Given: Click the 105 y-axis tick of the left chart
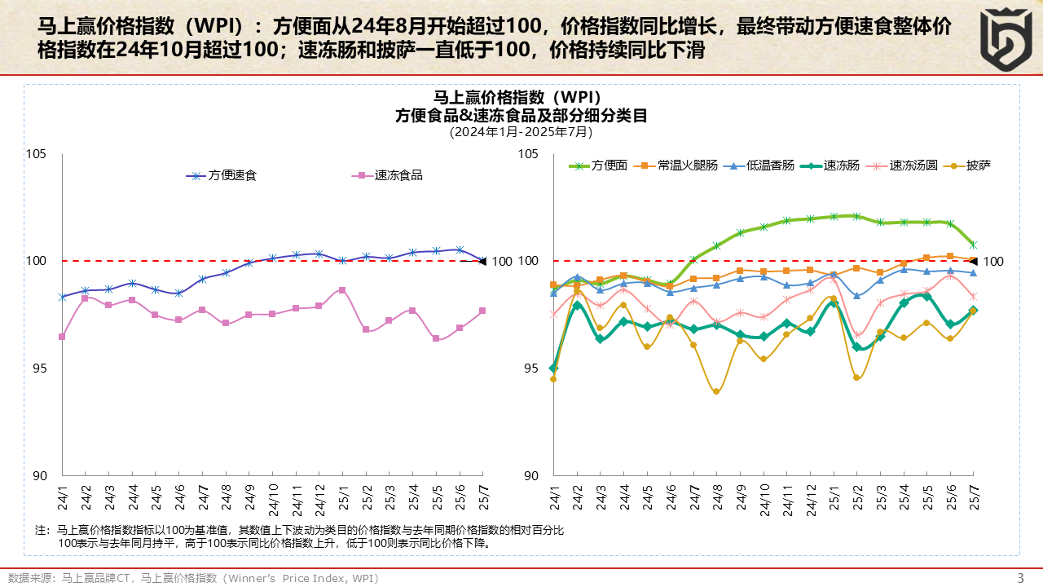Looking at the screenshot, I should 37,154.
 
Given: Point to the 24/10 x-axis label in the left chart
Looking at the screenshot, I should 273,496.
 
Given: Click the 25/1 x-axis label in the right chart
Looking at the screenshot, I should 834,496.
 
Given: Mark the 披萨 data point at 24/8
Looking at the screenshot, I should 716,391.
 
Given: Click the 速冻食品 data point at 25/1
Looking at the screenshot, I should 342,290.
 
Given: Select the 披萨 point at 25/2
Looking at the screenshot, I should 856,377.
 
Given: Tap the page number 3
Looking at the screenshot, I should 1020,578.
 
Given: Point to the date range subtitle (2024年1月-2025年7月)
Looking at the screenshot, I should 521,131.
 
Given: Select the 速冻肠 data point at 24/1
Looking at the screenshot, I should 553,369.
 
